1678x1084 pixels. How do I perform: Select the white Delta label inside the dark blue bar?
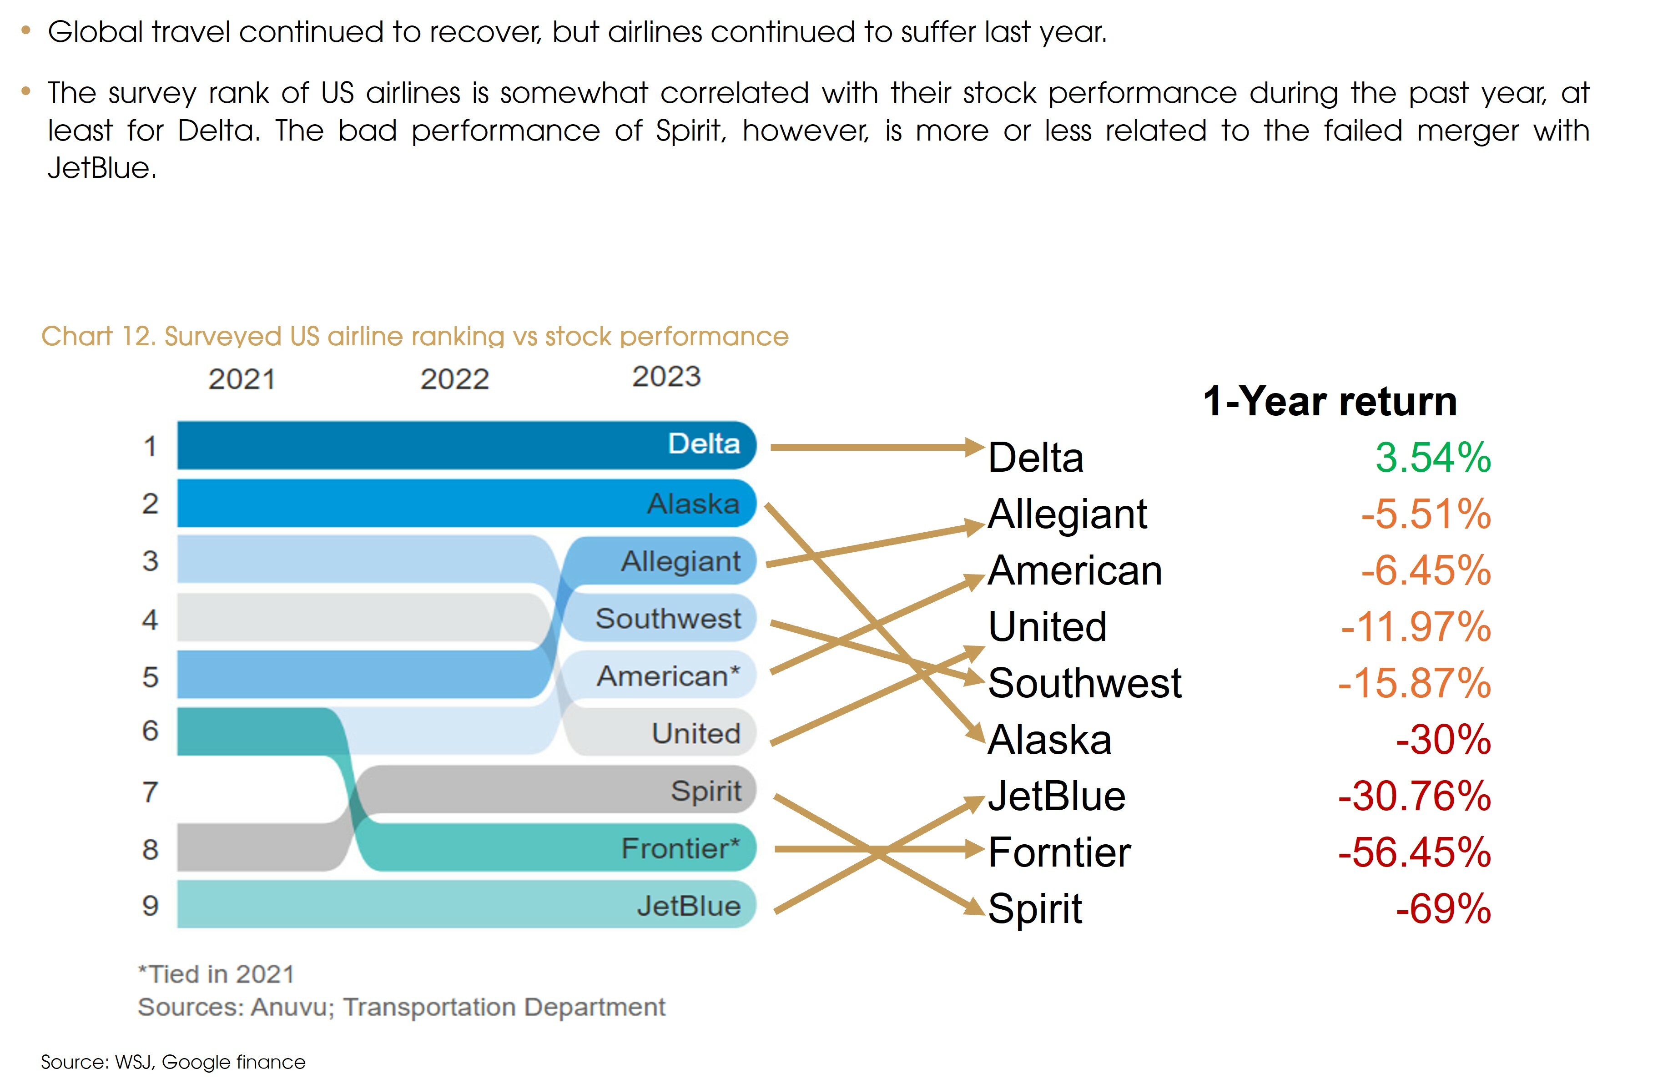(x=703, y=444)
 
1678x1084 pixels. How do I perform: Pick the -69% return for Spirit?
(x=1443, y=909)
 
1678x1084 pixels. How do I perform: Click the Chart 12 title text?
(x=414, y=337)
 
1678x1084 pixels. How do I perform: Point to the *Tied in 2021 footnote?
(x=216, y=974)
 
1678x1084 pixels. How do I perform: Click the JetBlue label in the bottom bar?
(x=688, y=906)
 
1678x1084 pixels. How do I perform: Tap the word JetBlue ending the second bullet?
(x=101, y=168)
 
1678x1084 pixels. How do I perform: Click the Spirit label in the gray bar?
(x=705, y=791)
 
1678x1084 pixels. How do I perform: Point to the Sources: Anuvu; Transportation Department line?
(x=401, y=1007)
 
